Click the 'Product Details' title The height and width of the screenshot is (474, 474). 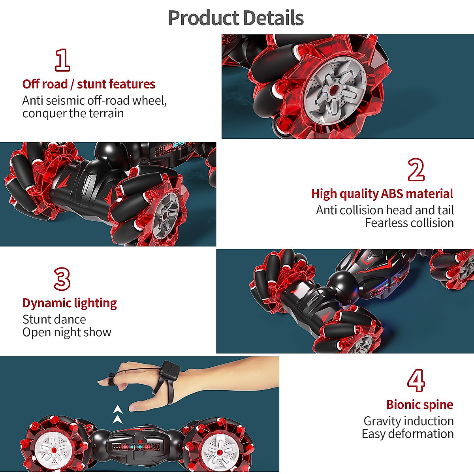tap(236, 18)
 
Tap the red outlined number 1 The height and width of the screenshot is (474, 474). tap(62, 60)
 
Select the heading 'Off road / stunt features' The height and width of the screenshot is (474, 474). tap(88, 84)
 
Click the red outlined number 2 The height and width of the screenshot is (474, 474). tap(416, 170)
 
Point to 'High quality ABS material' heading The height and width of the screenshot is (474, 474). tap(382, 194)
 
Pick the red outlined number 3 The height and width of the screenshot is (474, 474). tap(62, 279)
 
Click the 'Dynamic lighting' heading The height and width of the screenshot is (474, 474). tap(70, 303)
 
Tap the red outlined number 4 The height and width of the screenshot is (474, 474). tap(416, 380)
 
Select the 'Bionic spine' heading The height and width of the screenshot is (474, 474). tap(419, 404)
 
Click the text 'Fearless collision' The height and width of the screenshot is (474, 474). tap(409, 223)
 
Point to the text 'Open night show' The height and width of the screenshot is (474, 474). tap(67, 332)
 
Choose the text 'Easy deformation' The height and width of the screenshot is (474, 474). tap(407, 434)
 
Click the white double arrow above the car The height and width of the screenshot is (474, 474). tap(117, 414)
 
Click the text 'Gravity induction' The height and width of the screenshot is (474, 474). tap(408, 421)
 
